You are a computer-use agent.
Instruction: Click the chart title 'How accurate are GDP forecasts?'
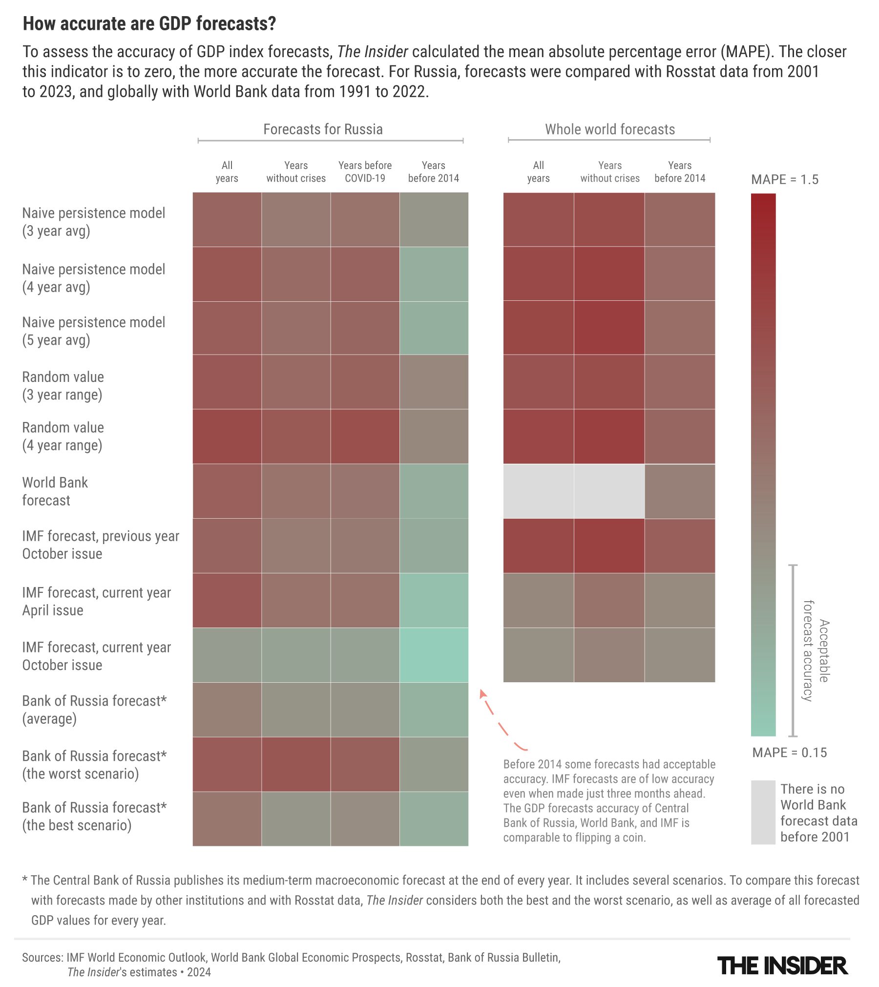point(149,23)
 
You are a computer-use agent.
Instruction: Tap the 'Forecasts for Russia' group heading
point(323,129)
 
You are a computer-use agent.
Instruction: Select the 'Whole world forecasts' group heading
point(610,129)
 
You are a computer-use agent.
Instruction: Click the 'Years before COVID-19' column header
point(365,171)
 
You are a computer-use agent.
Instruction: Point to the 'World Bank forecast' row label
point(55,491)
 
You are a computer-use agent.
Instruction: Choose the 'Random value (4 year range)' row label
point(63,436)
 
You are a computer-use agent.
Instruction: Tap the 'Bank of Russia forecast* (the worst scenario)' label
point(94,765)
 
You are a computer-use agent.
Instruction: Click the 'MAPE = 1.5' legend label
point(784,180)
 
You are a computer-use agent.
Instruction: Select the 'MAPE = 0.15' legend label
point(789,753)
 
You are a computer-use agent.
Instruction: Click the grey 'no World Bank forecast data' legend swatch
point(763,813)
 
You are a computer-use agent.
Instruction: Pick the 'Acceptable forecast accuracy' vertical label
point(816,651)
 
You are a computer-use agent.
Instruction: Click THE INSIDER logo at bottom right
point(782,966)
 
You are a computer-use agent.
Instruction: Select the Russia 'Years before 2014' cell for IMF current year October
point(434,655)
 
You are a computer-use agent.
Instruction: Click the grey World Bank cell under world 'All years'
point(538,491)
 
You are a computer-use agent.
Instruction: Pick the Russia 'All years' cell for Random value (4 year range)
point(227,436)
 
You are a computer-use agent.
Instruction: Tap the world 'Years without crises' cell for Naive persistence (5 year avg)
point(609,328)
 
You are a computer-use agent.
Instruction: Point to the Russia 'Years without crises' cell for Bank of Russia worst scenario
point(296,764)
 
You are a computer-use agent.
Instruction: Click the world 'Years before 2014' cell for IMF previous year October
point(680,546)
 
